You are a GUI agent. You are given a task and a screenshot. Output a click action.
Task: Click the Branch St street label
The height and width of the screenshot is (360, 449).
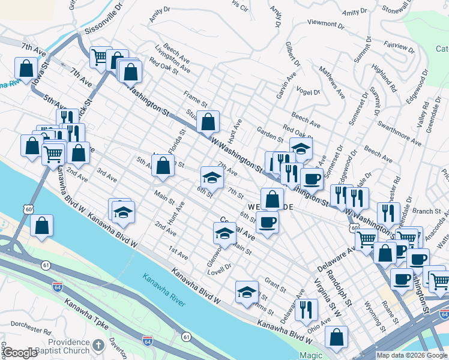click(426, 211)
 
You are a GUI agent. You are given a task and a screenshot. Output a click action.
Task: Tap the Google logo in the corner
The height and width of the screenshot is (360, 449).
click(19, 353)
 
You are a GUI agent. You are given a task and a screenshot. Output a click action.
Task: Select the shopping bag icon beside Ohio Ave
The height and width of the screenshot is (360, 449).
click(337, 338)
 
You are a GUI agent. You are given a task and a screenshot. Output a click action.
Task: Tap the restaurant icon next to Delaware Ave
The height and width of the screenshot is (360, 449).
click(306, 310)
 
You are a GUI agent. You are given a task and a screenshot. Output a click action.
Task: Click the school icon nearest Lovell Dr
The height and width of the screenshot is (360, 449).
click(224, 234)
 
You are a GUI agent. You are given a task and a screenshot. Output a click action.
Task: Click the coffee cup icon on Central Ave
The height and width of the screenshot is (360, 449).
click(267, 222)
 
